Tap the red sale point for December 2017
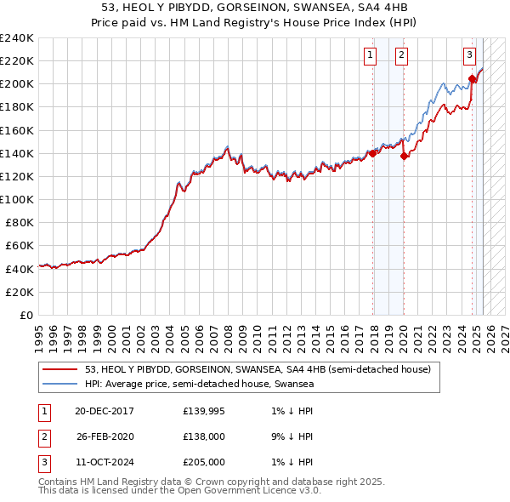pos(372,154)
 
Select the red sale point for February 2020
pos(404,156)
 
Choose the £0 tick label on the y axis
pos(25,315)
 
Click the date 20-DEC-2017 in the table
pos(105,412)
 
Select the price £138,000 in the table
pos(204,437)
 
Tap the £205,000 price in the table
pos(204,462)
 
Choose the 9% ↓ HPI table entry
pos(289,437)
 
